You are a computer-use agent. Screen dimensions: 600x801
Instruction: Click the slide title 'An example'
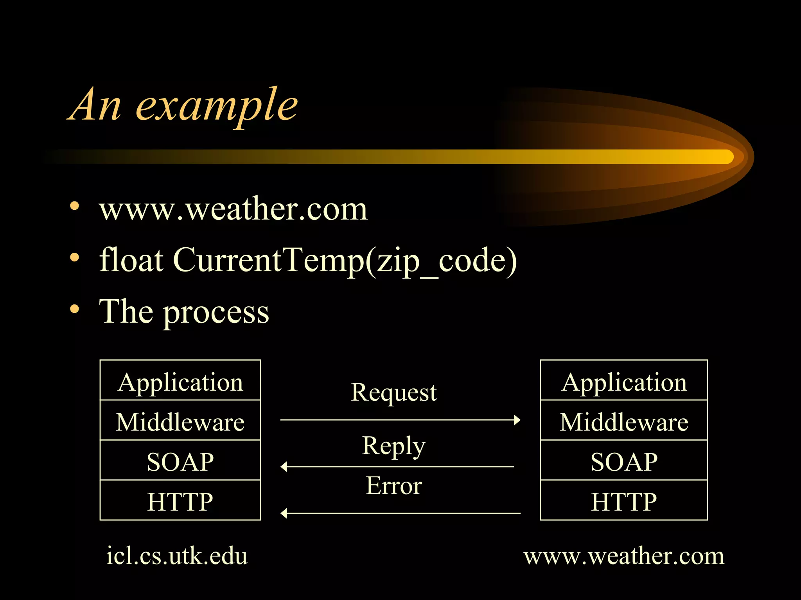(x=183, y=105)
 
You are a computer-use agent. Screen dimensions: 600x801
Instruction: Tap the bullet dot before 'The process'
(x=74, y=310)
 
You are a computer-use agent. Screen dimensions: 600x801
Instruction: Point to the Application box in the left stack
(x=180, y=381)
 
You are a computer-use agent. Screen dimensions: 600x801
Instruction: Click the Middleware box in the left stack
(x=180, y=421)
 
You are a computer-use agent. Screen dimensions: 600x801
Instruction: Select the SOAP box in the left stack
(x=180, y=461)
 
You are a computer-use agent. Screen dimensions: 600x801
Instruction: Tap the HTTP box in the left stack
(x=180, y=501)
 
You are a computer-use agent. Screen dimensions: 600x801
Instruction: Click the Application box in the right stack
(x=624, y=381)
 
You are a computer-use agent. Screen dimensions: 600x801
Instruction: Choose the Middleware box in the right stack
(x=624, y=421)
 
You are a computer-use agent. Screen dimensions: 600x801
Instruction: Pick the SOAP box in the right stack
(x=624, y=461)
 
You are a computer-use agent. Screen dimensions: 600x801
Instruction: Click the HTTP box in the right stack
(x=624, y=501)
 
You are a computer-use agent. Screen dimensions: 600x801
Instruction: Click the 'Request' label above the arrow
(x=393, y=392)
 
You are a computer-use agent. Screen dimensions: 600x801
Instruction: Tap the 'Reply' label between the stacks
(x=393, y=446)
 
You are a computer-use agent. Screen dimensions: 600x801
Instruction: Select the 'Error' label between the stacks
(x=393, y=486)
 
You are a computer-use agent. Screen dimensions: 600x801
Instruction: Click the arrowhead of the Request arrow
(x=517, y=420)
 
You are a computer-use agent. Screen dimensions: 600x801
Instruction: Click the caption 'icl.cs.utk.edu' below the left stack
(x=177, y=555)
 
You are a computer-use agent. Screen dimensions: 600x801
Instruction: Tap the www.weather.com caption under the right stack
(x=624, y=555)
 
